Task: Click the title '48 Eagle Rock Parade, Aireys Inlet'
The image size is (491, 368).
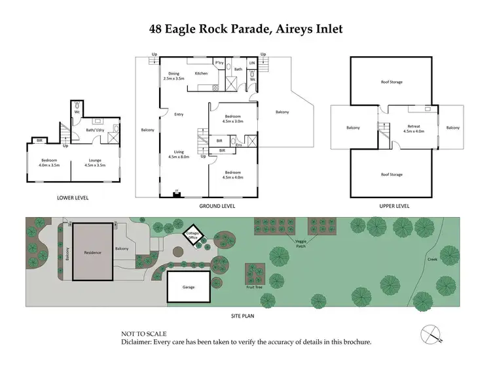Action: pos(245,29)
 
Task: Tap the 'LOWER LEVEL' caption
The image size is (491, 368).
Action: pos(73,197)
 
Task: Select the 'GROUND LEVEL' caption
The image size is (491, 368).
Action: pos(217,206)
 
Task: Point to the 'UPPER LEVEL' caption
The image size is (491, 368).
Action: pos(394,206)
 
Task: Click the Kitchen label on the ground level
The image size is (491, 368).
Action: pos(201,73)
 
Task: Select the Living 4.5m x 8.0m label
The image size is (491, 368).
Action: pos(178,155)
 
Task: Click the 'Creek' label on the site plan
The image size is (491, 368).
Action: pos(432,259)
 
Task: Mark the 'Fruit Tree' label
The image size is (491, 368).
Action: pos(255,286)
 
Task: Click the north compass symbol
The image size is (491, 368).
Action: pos(431,335)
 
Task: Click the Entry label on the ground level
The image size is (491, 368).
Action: pos(178,114)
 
